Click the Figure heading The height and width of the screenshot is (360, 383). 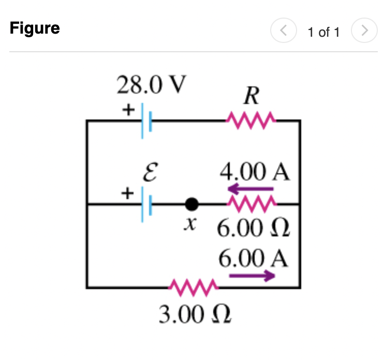coord(35,28)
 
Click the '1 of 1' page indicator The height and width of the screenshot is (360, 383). coord(323,32)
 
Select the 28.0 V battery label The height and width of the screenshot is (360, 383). coord(150,85)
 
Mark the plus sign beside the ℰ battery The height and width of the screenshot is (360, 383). coord(126,193)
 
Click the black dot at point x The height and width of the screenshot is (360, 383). coord(192,205)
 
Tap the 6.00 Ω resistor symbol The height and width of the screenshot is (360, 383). coord(252,205)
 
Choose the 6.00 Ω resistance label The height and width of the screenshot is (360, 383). coord(252,229)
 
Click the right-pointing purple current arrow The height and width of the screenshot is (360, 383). coord(252,276)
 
